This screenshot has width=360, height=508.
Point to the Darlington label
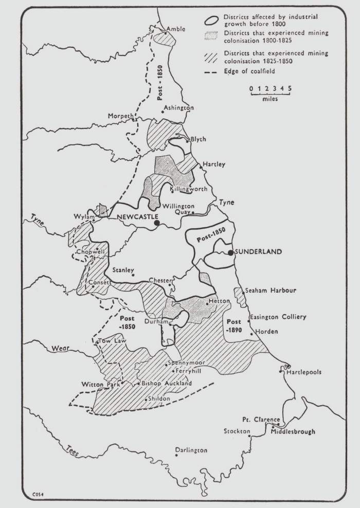[x=191, y=450]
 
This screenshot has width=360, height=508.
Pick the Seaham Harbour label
[x=271, y=291]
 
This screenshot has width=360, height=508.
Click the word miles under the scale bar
[x=270, y=99]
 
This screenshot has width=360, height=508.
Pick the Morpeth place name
[x=120, y=116]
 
